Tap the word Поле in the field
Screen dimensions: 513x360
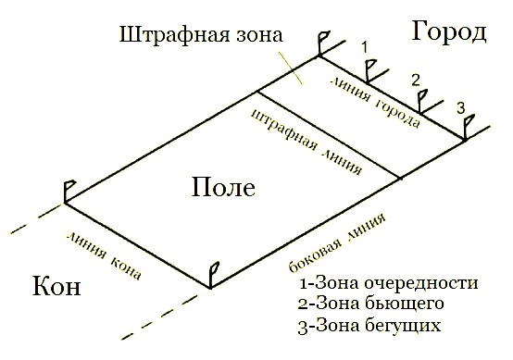point(221,188)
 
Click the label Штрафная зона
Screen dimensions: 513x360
point(199,39)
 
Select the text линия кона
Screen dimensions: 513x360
point(103,248)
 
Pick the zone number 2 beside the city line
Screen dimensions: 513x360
point(416,79)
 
